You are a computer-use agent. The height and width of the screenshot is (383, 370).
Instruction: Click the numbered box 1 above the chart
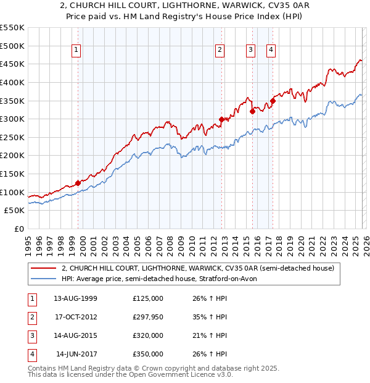tap(76, 51)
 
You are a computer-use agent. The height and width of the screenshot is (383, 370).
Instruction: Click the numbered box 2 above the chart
tap(220, 51)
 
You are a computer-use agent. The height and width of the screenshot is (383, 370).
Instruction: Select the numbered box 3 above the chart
tap(251, 51)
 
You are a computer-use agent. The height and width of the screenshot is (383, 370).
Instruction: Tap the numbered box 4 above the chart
tap(271, 51)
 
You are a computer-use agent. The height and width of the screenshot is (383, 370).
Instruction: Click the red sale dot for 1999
tap(78, 183)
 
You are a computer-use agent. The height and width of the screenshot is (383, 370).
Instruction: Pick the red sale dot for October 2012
tap(222, 120)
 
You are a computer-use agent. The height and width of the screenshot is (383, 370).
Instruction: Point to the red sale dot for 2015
tap(252, 112)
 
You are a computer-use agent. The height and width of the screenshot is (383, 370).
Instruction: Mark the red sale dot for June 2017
tap(273, 101)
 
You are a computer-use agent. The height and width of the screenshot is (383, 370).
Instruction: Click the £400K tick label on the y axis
tap(12, 82)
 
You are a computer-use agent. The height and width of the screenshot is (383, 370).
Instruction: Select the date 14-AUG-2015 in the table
tap(76, 335)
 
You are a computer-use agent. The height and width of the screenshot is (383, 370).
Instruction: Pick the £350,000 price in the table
tap(148, 354)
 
